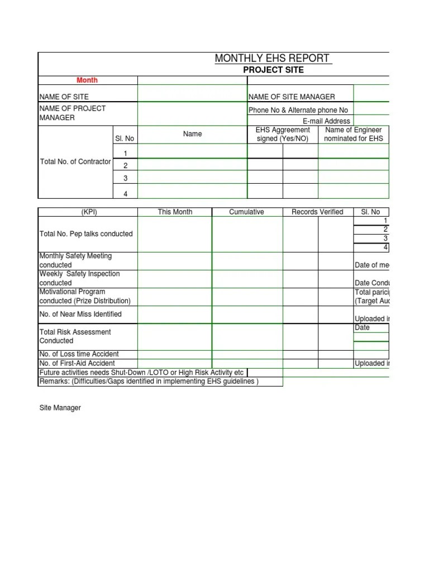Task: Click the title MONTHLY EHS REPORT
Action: tap(273, 59)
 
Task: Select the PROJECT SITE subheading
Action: tap(274, 70)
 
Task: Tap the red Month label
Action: tap(88, 80)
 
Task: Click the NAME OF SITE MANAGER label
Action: tap(292, 97)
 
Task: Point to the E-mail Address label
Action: tap(326, 121)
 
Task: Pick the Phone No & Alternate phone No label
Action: tap(298, 110)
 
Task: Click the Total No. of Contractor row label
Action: tap(75, 162)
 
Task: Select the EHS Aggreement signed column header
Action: tap(283, 134)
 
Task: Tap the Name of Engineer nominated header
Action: tap(353, 134)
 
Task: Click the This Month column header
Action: tap(175, 212)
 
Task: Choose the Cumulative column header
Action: tap(246, 212)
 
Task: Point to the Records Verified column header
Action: tap(317, 212)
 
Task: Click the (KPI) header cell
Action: tap(88, 212)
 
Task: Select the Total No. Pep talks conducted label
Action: tap(86, 233)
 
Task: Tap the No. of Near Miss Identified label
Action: tap(80, 314)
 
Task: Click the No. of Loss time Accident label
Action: tap(79, 354)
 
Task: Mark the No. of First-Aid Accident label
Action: tap(77, 363)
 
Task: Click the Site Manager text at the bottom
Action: tap(60, 408)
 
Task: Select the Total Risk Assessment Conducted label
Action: tap(75, 336)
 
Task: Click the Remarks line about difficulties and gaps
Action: tap(149, 382)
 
